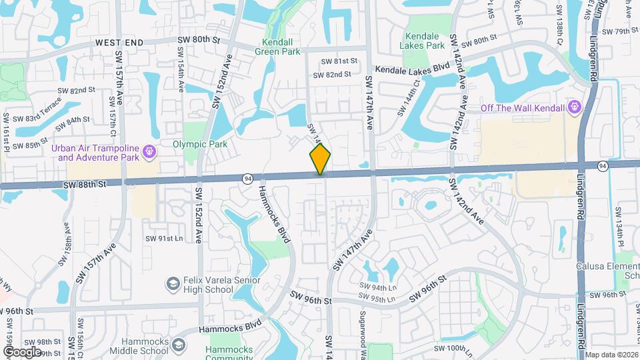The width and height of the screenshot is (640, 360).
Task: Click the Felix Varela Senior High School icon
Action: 173,284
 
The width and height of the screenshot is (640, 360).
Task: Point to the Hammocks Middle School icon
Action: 178,345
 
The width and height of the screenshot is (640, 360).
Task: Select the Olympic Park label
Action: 200,144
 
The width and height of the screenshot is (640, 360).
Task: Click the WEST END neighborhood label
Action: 119,42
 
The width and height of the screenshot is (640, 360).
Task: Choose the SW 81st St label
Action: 339,61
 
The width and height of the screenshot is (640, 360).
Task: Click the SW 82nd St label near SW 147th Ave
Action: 331,75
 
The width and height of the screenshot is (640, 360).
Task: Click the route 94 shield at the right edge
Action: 603,165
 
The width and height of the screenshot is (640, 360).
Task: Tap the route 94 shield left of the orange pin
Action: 248,178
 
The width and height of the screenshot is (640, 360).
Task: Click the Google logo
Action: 22,351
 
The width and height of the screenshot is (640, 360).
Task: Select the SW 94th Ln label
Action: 377,287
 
